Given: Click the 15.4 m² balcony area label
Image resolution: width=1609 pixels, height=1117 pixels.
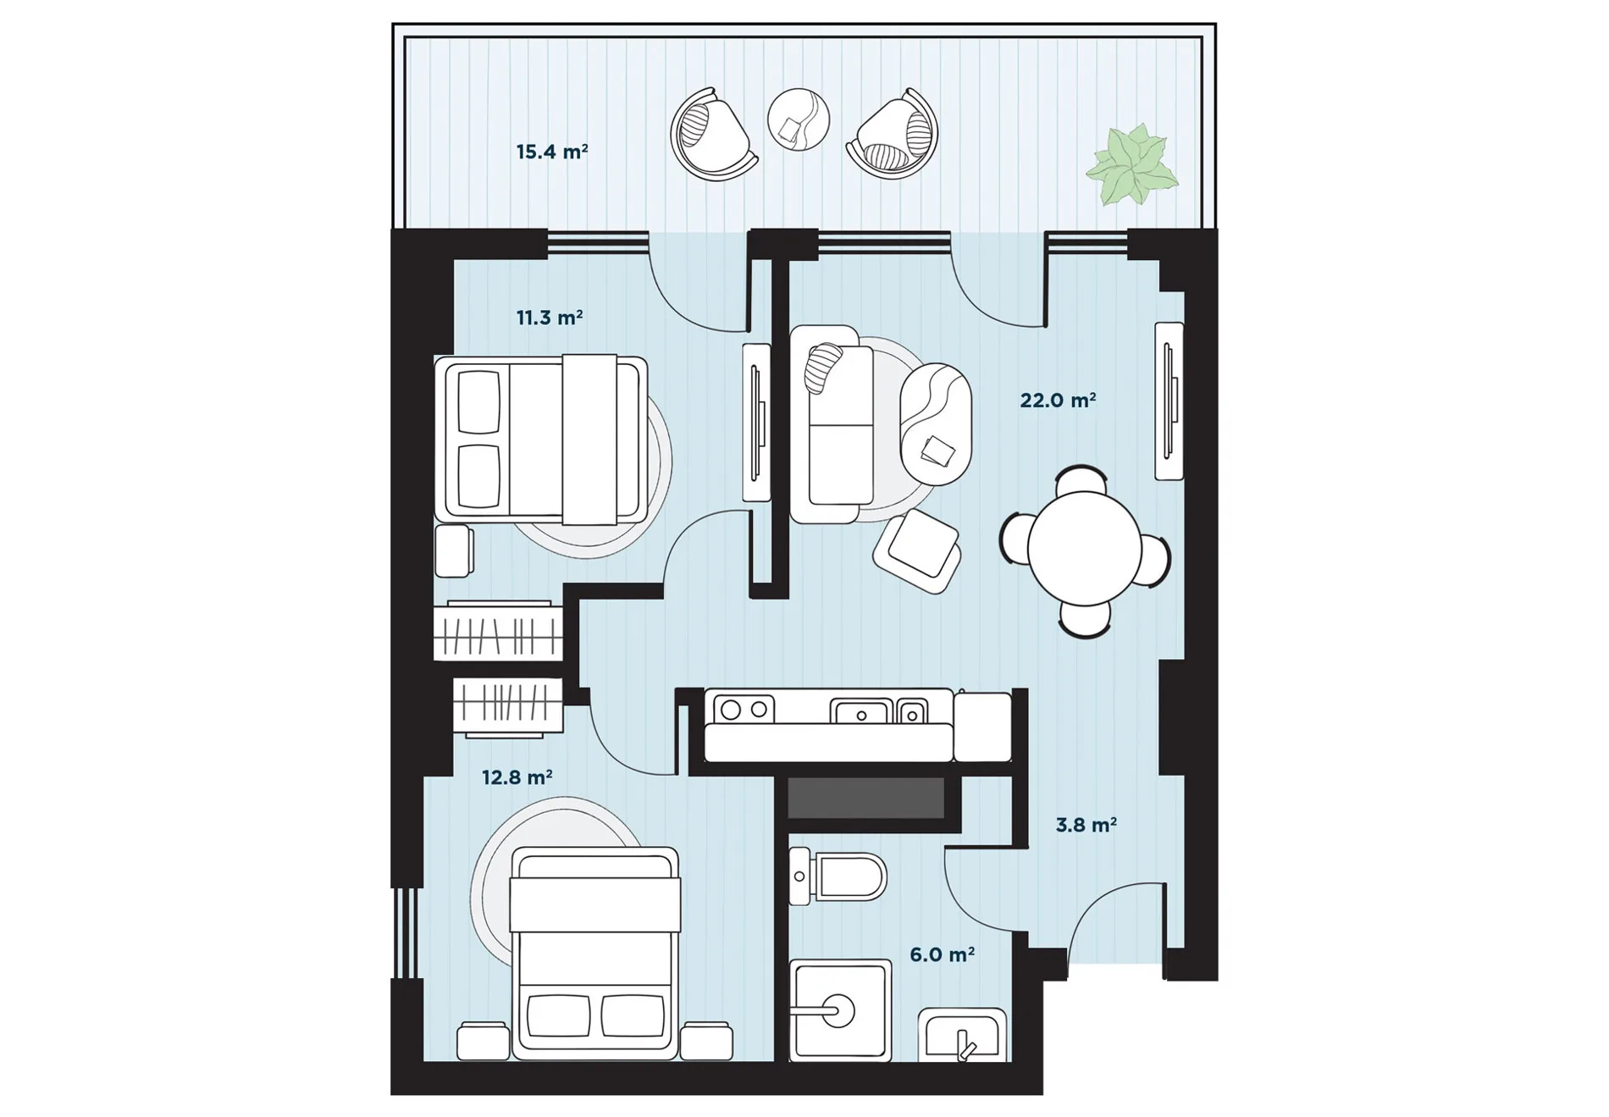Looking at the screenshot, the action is click(551, 152).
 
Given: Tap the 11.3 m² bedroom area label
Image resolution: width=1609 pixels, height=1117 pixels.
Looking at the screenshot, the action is click(549, 318).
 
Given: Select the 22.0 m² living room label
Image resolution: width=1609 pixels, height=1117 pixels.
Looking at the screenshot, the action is click(1058, 400).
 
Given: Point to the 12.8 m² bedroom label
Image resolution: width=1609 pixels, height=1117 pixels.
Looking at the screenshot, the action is click(517, 777).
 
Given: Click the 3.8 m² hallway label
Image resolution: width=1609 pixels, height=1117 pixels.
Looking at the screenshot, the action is click(1086, 824).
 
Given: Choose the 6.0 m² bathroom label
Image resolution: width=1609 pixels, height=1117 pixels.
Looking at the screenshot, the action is click(942, 954).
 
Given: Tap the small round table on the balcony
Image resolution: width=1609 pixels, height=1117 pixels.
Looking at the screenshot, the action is click(799, 119).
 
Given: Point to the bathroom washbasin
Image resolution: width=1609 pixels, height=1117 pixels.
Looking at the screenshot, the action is click(963, 1034).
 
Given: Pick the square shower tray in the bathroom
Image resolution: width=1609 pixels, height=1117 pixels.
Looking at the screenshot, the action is click(840, 1010).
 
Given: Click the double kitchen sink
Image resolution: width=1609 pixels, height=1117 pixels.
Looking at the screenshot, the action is click(878, 711).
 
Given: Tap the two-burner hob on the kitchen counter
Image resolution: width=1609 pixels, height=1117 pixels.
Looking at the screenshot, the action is click(744, 709).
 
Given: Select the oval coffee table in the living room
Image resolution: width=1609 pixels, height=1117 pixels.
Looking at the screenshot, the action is click(935, 423).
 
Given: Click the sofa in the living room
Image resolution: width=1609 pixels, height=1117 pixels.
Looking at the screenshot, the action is click(832, 424).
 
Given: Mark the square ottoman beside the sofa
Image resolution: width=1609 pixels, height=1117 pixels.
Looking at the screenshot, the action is click(918, 551).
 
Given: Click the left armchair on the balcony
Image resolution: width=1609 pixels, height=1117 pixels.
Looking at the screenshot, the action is click(713, 135).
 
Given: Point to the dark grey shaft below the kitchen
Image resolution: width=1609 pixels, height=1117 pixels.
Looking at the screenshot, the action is click(865, 798).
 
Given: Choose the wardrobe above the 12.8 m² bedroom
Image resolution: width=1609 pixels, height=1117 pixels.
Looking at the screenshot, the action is click(508, 705).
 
